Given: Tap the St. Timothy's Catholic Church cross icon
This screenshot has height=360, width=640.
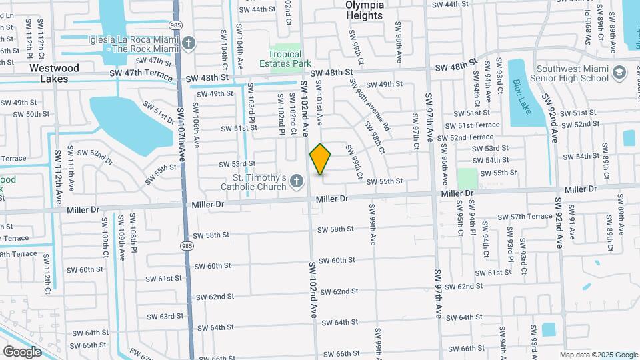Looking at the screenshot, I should [x=297, y=179].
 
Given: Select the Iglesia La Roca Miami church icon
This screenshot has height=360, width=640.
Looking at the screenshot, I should [x=189, y=43].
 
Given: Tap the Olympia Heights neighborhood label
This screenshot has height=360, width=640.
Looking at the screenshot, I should [x=365, y=10].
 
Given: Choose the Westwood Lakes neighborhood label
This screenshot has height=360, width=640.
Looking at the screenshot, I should [x=55, y=73].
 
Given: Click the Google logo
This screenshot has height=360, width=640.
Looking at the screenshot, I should [x=22, y=351].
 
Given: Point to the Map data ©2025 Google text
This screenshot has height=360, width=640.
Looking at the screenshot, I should [x=598, y=355].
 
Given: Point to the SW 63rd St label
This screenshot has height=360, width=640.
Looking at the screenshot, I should [x=165, y=316].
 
